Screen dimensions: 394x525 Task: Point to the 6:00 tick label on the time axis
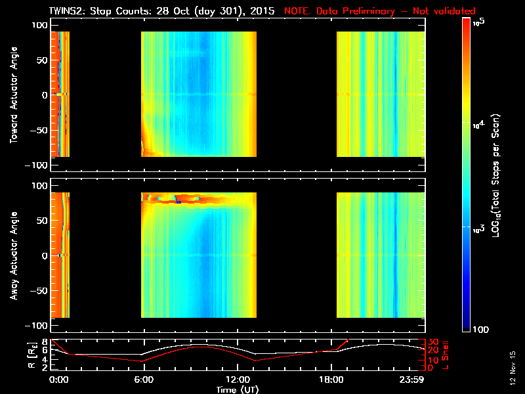(144, 380)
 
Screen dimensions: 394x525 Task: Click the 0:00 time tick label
(58, 380)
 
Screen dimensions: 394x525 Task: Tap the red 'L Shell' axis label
(444, 355)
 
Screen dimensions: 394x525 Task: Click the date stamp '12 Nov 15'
(511, 368)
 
